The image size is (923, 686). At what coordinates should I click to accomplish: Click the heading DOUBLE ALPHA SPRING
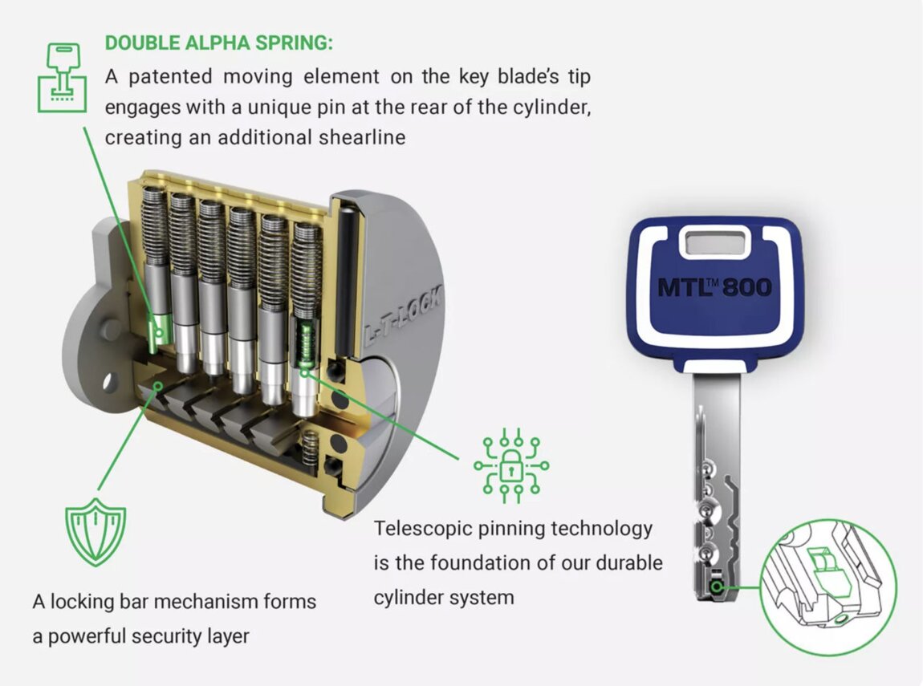point(218,43)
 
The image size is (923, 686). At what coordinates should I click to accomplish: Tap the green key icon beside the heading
point(62,76)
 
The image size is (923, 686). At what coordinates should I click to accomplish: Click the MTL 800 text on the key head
point(714,287)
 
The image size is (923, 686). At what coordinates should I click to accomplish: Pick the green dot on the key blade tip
point(716,587)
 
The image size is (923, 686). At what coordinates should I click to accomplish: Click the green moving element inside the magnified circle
point(823,566)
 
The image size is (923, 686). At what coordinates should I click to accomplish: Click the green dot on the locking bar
point(158,386)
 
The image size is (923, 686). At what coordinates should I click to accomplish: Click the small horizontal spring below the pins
point(311,449)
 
